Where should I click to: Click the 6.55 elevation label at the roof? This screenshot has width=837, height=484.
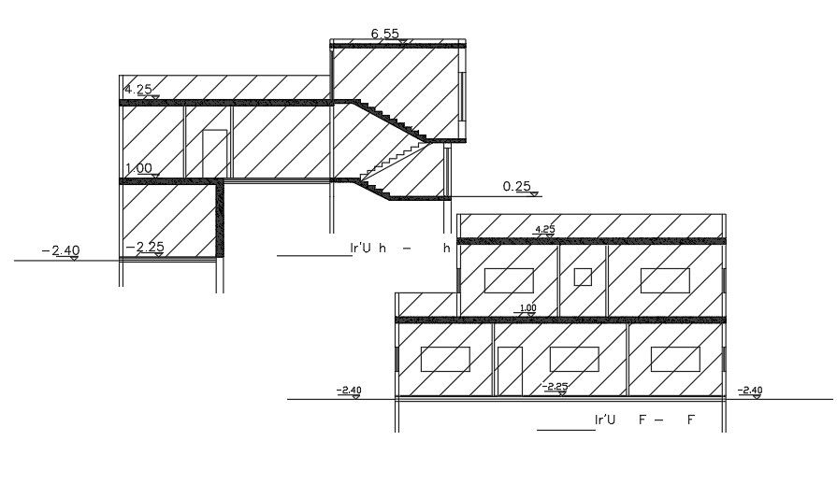pyautogui.click(x=385, y=35)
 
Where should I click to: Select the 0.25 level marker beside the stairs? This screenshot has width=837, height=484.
pyautogui.click(x=517, y=187)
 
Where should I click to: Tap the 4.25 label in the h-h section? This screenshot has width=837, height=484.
pyautogui.click(x=137, y=90)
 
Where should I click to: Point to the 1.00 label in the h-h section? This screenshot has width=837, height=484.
pyautogui.click(x=137, y=169)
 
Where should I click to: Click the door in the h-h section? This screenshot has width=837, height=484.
pyautogui.click(x=215, y=153)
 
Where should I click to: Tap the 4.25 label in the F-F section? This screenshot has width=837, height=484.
pyautogui.click(x=544, y=229)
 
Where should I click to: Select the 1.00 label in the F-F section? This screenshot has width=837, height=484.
pyautogui.click(x=527, y=308)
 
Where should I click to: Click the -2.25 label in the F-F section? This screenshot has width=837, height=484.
pyautogui.click(x=556, y=386)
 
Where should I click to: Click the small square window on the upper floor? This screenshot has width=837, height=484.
pyautogui.click(x=583, y=277)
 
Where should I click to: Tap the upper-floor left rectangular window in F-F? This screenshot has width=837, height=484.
pyautogui.click(x=509, y=280)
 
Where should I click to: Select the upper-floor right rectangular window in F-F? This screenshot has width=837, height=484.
pyautogui.click(x=665, y=280)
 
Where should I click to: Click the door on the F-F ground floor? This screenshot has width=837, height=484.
pyautogui.click(x=510, y=371)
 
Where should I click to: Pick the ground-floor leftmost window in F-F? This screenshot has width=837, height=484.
pyautogui.click(x=445, y=359)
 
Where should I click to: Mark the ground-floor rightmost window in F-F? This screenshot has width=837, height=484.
pyautogui.click(x=675, y=359)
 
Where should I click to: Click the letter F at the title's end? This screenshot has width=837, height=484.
pyautogui.click(x=691, y=420)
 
